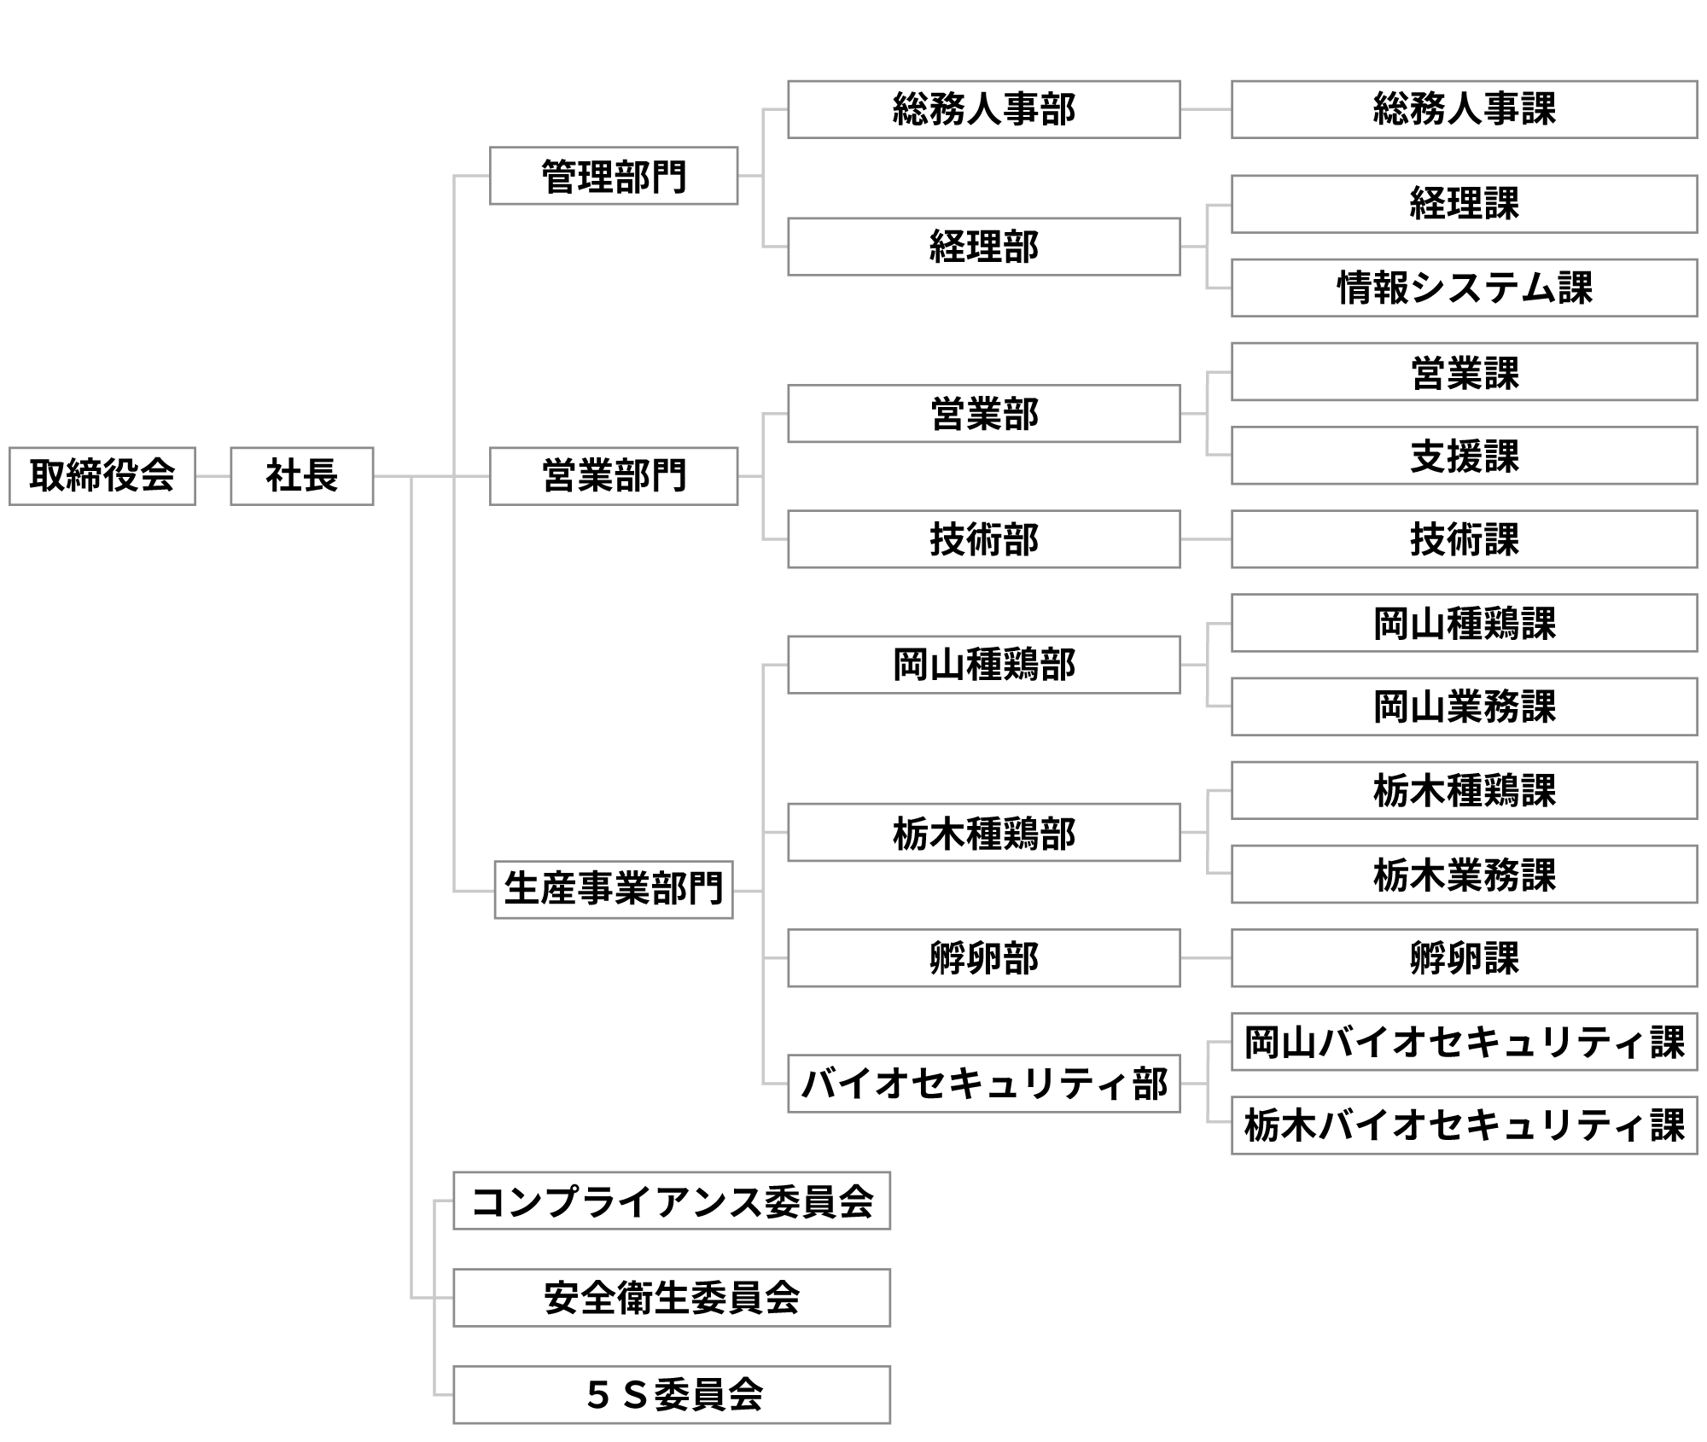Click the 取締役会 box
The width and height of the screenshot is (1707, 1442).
pyautogui.click(x=102, y=476)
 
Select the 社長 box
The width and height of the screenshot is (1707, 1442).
pyautogui.click(x=302, y=476)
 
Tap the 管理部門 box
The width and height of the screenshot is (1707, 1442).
pyautogui.click(x=614, y=177)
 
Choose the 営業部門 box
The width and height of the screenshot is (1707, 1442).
pyautogui.click(x=614, y=476)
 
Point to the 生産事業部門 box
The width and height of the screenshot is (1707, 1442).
pyautogui.click(x=614, y=890)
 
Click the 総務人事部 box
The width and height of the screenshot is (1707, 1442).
pyautogui.click(x=983, y=109)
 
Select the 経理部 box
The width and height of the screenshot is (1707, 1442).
pyautogui.click(x=983, y=247)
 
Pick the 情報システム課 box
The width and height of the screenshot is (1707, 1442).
pyautogui.click(x=1464, y=288)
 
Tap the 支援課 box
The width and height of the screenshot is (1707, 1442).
pyautogui.click(x=1464, y=456)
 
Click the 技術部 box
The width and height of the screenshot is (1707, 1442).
pyautogui.click(x=983, y=539)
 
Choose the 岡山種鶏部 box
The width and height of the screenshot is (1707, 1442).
pyautogui.click(x=983, y=665)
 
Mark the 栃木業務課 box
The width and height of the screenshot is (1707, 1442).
pyautogui.click(x=1464, y=875)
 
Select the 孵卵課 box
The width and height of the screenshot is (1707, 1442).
pyautogui.click(x=1464, y=958)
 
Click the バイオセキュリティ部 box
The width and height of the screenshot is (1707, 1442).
pyautogui.click(x=983, y=1084)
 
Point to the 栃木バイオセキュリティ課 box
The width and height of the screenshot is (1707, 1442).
pyautogui.click(x=1464, y=1125)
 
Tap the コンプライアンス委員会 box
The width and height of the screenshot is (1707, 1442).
pyautogui.click(x=672, y=1201)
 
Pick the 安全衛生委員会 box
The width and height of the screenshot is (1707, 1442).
pyautogui.click(x=672, y=1298)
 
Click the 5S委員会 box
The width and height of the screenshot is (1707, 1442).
pyautogui.click(x=672, y=1395)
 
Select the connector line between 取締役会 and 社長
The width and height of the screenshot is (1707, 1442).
pyautogui.click(x=213, y=476)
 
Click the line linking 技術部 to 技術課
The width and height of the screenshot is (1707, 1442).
pyautogui.click(x=1205, y=539)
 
